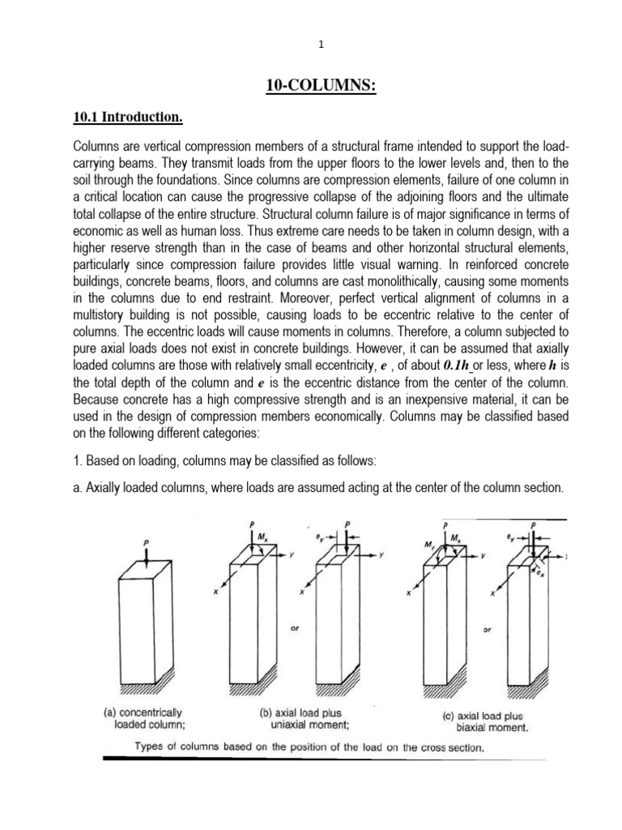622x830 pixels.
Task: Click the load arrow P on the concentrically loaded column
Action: [145, 551]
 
